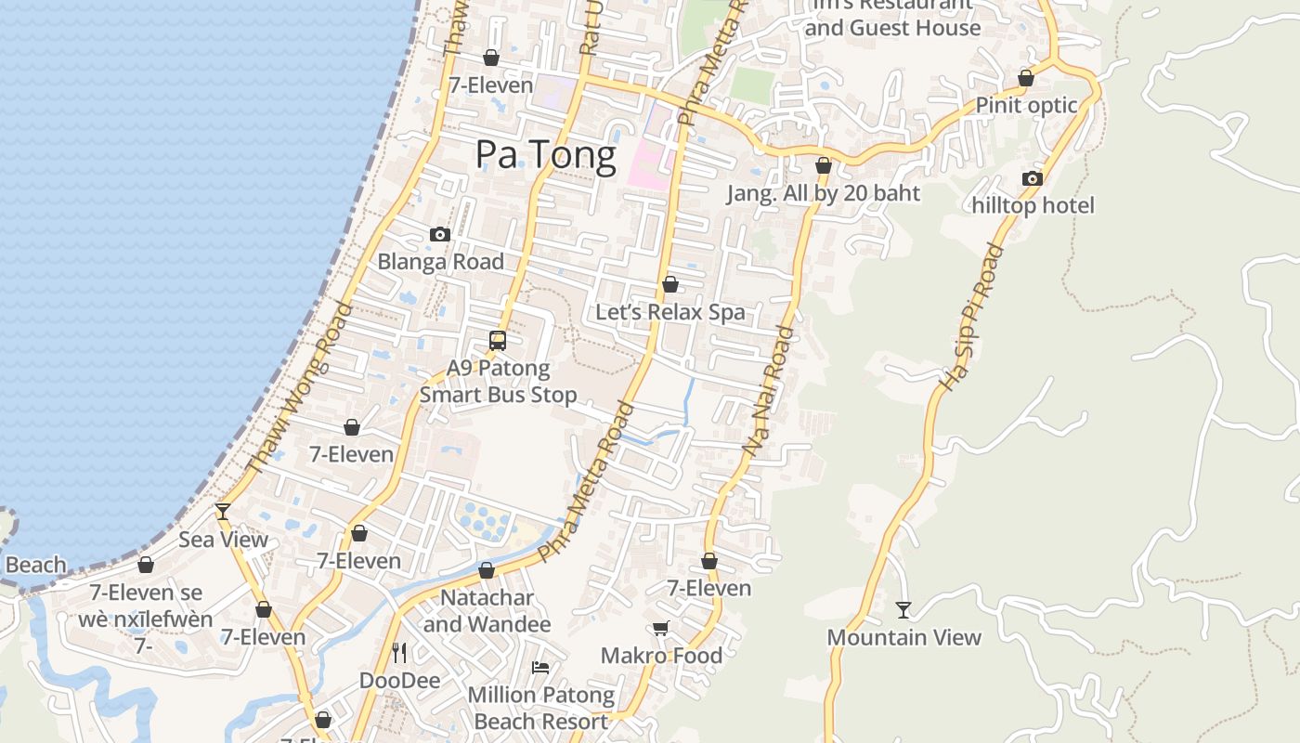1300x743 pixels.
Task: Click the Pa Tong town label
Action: point(545,155)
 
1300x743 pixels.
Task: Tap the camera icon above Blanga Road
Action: point(440,235)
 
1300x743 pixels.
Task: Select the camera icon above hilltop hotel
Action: point(1033,178)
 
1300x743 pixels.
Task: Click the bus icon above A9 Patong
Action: point(498,341)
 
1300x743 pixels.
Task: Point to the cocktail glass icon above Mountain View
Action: point(903,610)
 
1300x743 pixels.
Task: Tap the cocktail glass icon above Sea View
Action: point(223,512)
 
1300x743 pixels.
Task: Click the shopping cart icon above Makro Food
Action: point(661,629)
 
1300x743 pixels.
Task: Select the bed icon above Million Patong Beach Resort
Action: point(540,667)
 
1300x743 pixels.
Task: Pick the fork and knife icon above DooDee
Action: point(399,653)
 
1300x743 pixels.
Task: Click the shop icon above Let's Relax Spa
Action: point(669,284)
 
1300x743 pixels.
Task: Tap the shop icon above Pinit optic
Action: point(1026,78)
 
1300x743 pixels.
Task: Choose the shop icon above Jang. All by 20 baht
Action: point(823,166)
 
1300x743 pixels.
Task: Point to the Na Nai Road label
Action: point(770,390)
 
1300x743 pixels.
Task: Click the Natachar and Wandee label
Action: point(487,610)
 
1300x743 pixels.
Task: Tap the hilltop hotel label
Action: point(1033,205)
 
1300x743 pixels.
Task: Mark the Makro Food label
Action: point(661,656)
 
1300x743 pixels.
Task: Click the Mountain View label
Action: point(903,637)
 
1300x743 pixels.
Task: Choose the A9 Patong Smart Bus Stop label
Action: point(498,381)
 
